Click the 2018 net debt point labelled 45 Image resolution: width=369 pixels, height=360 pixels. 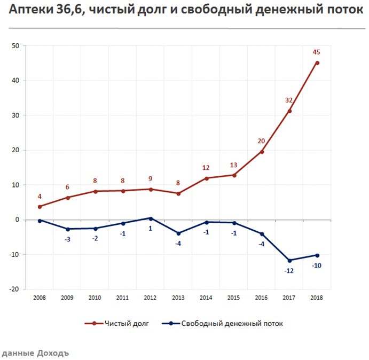click(317, 63)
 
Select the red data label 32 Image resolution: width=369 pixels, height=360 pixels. click(289, 100)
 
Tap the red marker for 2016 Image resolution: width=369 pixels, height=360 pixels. click(262, 152)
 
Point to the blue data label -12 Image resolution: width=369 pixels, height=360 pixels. click(289, 271)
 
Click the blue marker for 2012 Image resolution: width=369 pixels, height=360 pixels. click(151, 218)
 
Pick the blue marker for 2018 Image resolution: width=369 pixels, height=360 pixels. click(317, 255)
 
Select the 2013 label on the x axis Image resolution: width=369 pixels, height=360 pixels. click(178, 297)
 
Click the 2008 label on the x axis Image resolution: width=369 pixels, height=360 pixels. click(39, 297)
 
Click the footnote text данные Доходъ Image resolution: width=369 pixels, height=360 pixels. click(36, 353)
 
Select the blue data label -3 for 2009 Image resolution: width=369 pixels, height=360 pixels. click(67, 239)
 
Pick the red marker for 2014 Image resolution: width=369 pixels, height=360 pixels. click(206, 178)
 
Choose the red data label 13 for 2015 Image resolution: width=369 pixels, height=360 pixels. click(233, 165)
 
